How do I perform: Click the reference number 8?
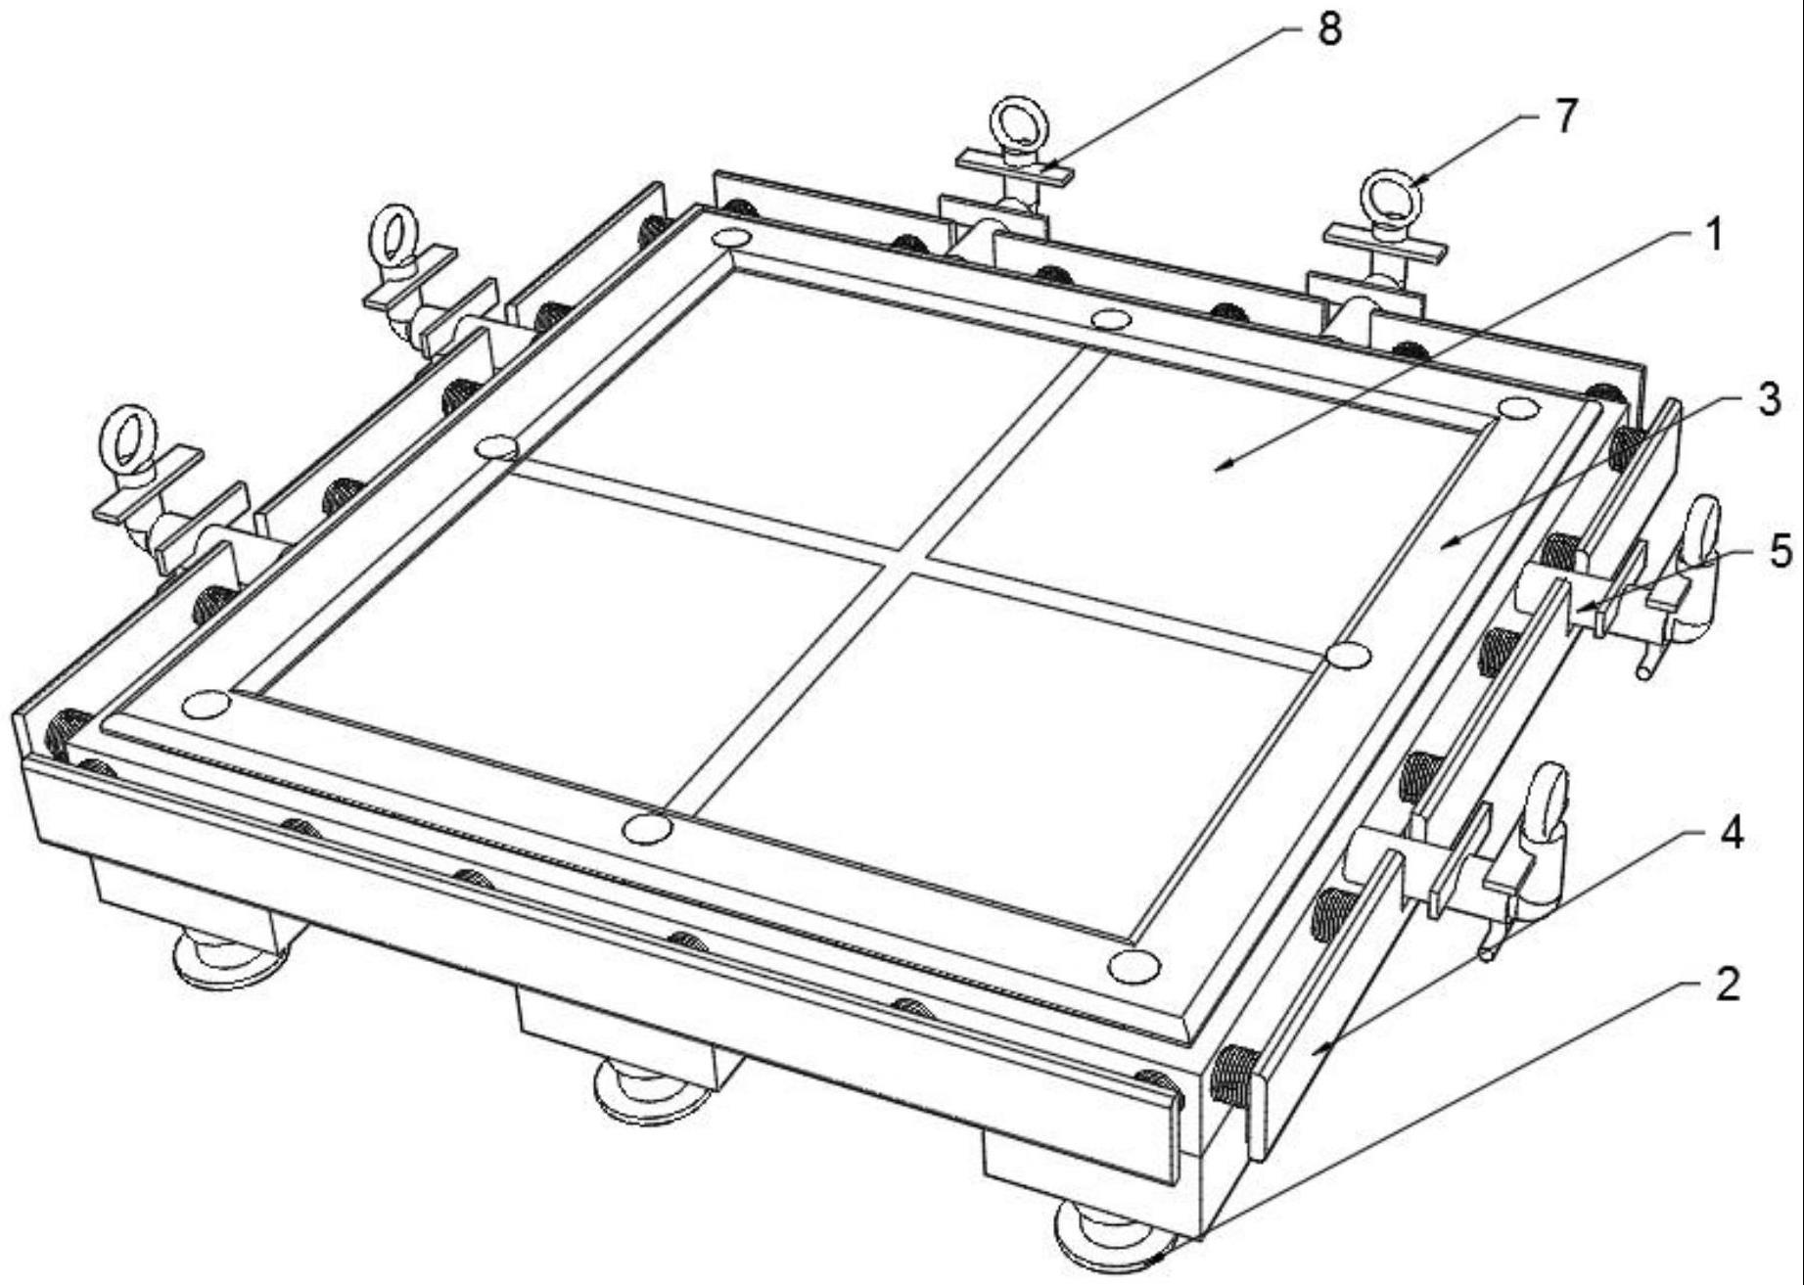click(1328, 30)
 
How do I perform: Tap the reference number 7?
click(1565, 118)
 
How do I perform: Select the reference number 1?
click(1712, 235)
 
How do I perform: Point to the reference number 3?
click(1768, 399)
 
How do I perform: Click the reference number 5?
click(1781, 552)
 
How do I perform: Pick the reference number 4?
click(1732, 832)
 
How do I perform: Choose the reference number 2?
click(1728, 984)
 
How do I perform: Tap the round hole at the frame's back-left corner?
click(731, 238)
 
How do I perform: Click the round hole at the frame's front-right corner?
click(1134, 966)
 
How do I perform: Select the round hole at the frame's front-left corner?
click(207, 705)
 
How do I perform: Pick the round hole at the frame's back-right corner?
click(1517, 408)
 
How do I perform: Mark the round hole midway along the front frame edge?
click(647, 829)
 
